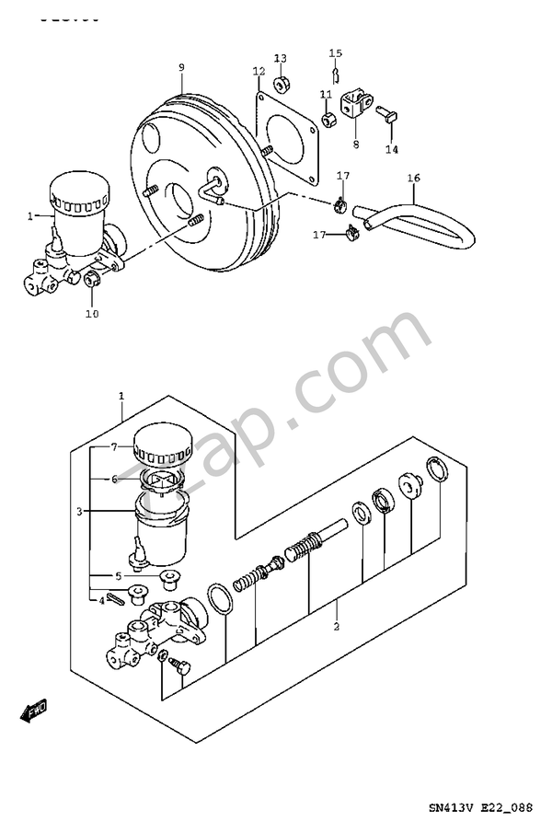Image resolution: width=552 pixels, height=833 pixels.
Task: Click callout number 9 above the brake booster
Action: click(x=181, y=67)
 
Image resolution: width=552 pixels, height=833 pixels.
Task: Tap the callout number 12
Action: click(x=259, y=71)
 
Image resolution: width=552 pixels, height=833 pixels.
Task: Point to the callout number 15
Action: click(x=336, y=53)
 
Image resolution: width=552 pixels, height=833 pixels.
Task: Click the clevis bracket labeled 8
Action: click(x=357, y=105)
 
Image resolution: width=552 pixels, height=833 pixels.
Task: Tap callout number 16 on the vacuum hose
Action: click(x=413, y=178)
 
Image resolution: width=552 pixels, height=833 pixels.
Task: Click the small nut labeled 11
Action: click(x=328, y=119)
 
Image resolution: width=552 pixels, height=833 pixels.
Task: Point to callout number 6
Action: click(x=115, y=479)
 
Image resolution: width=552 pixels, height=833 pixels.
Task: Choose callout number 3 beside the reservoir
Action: click(x=80, y=511)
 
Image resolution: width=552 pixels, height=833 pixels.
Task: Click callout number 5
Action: click(x=118, y=577)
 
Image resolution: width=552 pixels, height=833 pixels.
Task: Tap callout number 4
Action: click(x=101, y=601)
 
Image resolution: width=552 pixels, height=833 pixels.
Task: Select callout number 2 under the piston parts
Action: click(x=337, y=627)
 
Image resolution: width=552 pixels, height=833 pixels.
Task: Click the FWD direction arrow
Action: click(x=34, y=709)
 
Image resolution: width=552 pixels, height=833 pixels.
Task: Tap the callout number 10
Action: click(x=91, y=314)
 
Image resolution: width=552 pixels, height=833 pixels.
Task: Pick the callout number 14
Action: click(x=392, y=149)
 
